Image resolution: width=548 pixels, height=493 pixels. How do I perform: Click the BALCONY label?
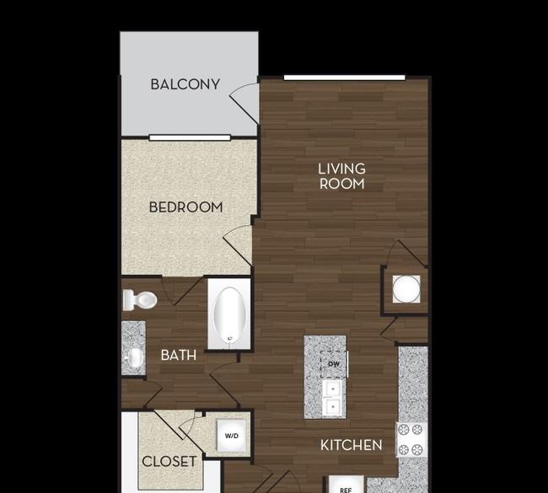[185, 83]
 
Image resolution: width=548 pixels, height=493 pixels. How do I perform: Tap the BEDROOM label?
[185, 206]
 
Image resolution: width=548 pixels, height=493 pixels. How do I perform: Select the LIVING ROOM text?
[341, 175]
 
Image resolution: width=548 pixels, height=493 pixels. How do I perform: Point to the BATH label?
[179, 355]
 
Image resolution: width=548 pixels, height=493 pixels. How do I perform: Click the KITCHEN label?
[352, 444]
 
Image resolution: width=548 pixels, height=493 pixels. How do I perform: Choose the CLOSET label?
[169, 461]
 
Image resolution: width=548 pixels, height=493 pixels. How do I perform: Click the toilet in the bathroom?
[140, 299]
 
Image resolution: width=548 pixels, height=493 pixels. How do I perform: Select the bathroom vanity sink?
[133, 358]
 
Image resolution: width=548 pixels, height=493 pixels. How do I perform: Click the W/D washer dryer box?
[232, 437]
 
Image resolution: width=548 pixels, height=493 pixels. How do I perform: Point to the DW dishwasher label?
[333, 364]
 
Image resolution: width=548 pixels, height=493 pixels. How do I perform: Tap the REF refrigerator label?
[346, 487]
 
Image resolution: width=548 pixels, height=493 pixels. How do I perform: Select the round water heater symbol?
[406, 289]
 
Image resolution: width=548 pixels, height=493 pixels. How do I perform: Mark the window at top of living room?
[344, 78]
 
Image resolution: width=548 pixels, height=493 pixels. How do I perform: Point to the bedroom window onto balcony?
[190, 137]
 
